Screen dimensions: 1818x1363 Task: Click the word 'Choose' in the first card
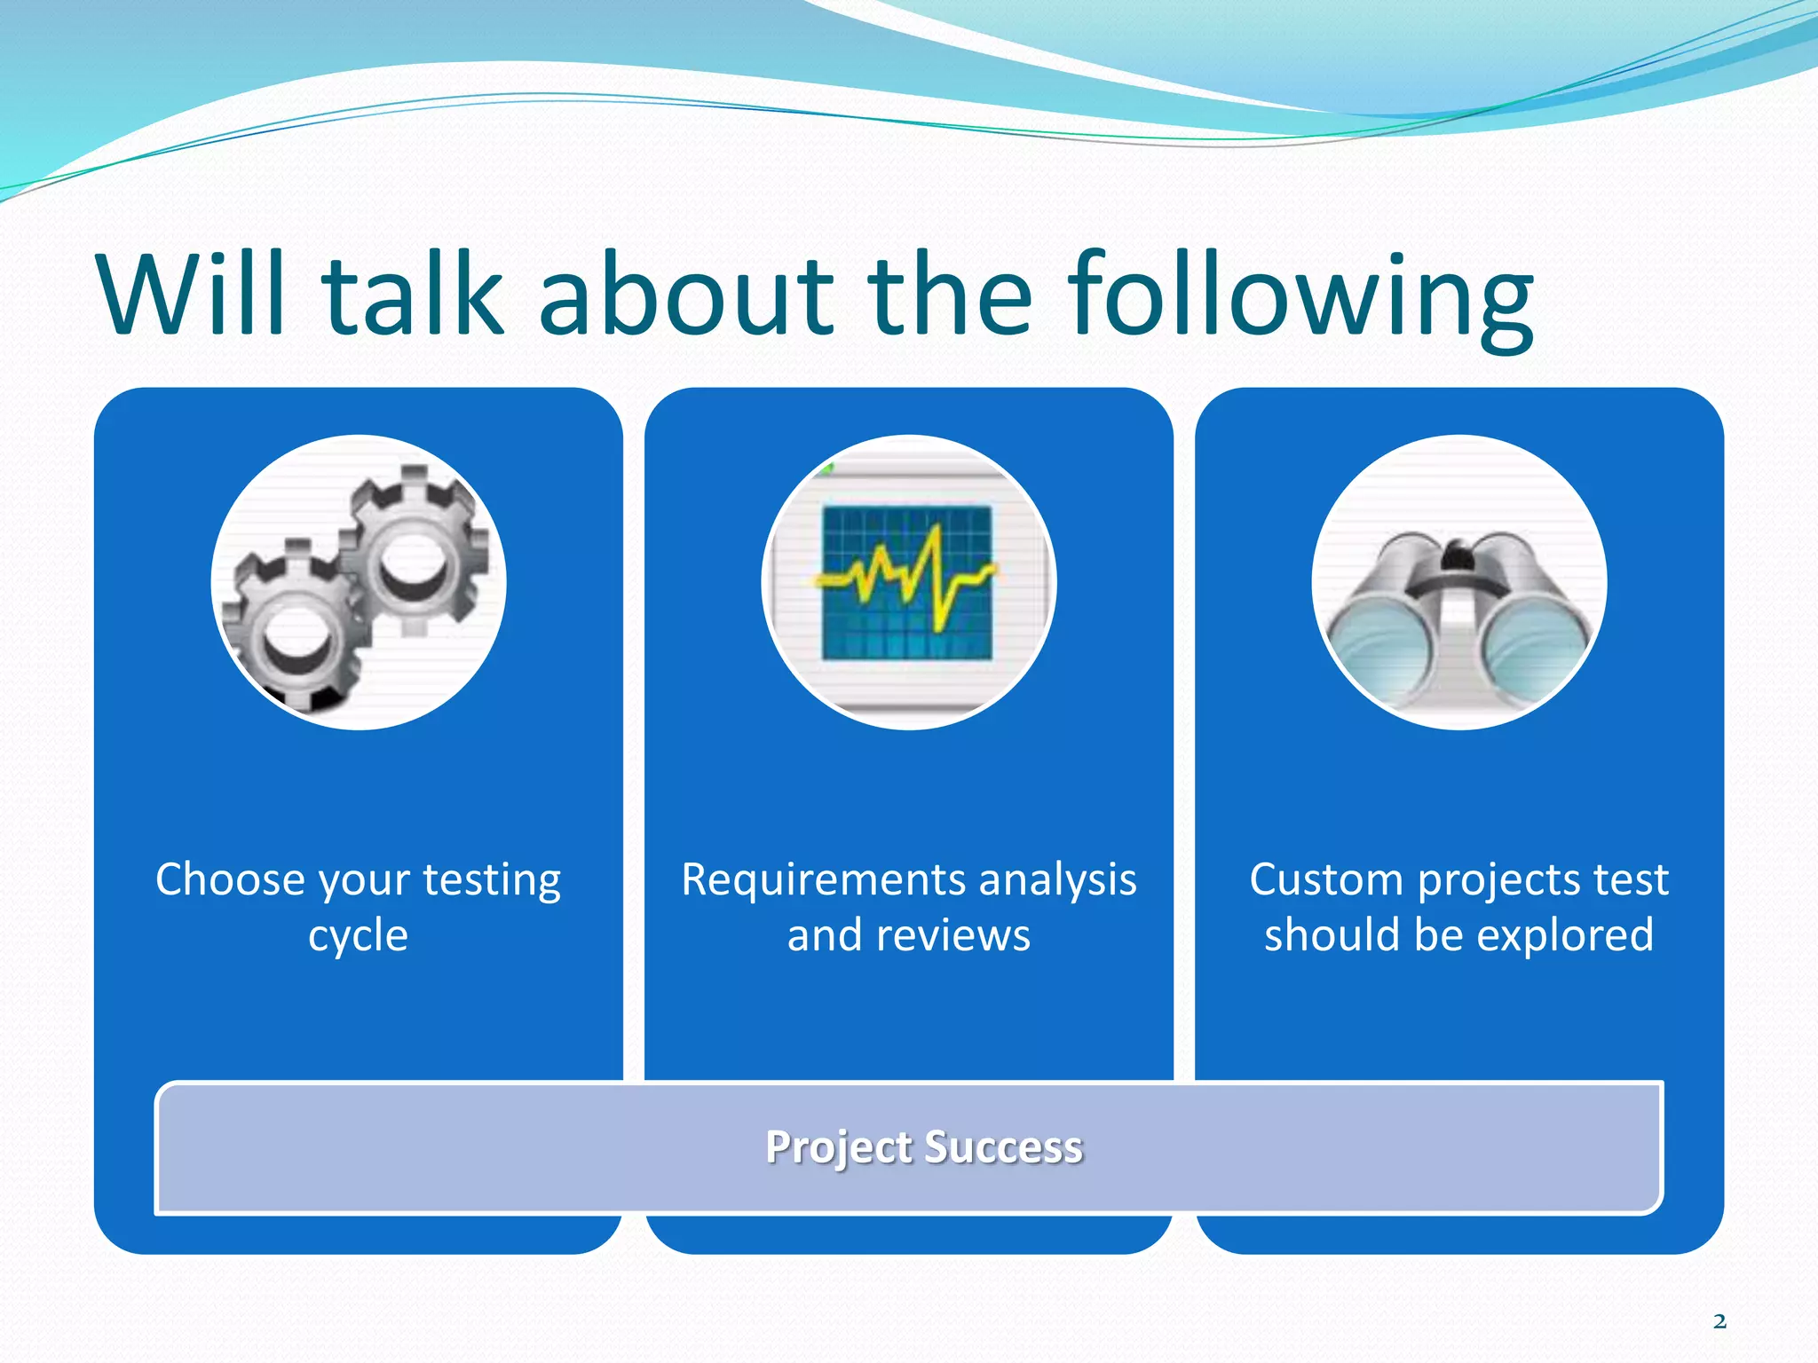(x=231, y=879)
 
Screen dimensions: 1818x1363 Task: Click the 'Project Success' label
(x=924, y=1147)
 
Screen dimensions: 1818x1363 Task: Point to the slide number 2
(x=1719, y=1321)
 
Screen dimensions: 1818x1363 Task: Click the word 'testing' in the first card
(x=492, y=881)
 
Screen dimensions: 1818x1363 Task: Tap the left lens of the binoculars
(x=1381, y=652)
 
